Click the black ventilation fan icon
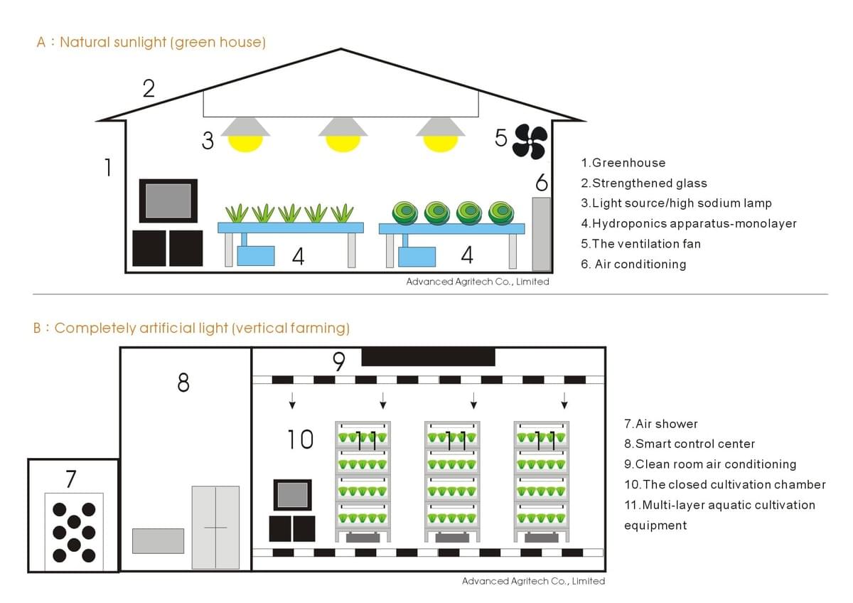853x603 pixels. [530, 142]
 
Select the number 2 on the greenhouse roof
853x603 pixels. [149, 89]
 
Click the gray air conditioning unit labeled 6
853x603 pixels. [542, 234]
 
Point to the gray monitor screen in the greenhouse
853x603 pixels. [168, 201]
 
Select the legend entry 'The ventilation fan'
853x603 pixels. [640, 244]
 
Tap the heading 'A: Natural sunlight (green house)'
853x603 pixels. [151, 42]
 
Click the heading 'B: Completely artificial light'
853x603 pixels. [192, 328]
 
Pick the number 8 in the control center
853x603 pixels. [183, 383]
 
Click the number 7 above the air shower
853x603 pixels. [70, 479]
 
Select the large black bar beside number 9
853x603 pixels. [428, 357]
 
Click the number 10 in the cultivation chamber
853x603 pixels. [300, 439]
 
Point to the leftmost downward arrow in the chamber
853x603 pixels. [292, 402]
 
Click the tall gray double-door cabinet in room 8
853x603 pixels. [215, 527]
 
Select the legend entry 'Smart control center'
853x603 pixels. [690, 444]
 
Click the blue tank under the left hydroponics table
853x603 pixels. [256, 255]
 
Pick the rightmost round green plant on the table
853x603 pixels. [500, 211]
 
